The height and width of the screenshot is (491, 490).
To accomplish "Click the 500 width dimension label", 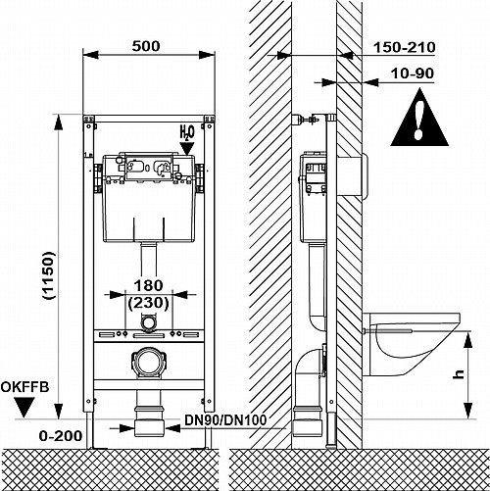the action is [146, 46].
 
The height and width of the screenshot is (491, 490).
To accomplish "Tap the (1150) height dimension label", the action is [49, 275].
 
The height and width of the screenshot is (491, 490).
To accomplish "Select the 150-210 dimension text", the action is [404, 47].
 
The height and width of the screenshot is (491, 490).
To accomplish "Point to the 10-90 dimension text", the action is [413, 74].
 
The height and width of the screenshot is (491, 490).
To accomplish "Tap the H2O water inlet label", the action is [187, 132].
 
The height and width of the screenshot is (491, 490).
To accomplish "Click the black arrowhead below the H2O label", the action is [187, 148].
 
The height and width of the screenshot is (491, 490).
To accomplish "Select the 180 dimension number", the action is [148, 285].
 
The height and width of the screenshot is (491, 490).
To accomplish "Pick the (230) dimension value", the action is [149, 303].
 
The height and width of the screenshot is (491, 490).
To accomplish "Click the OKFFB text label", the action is [24, 387].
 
